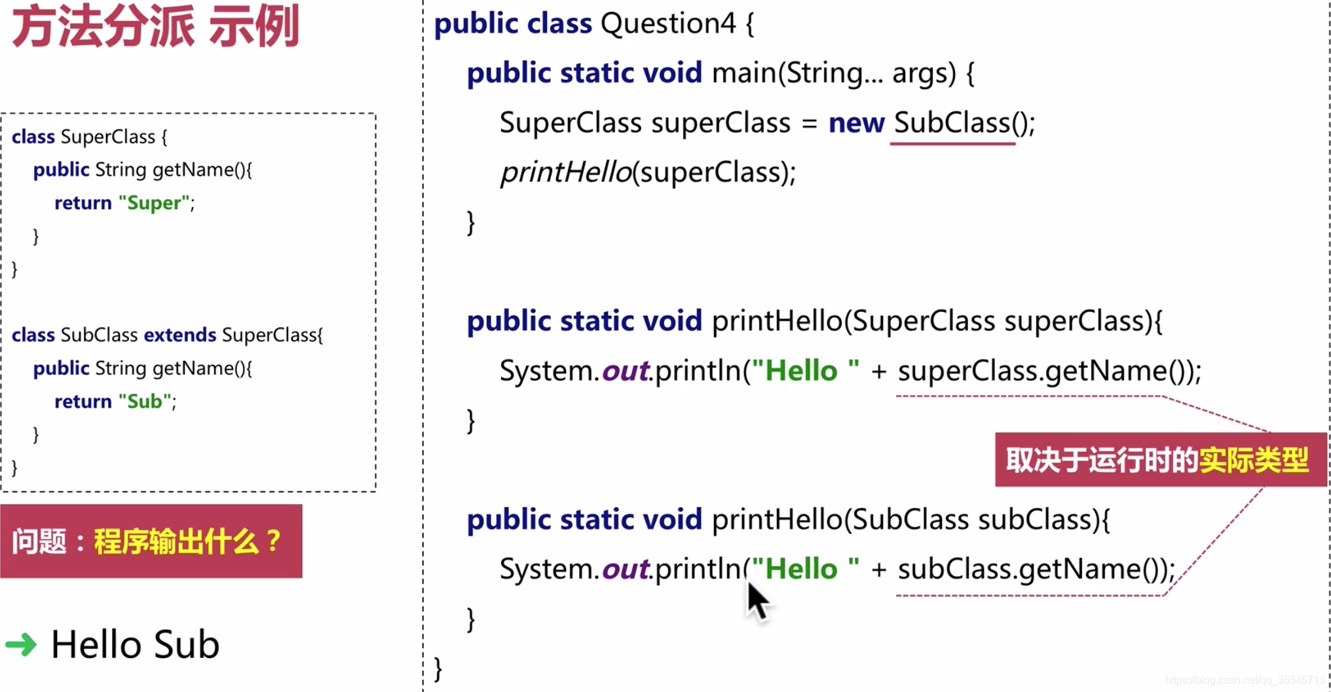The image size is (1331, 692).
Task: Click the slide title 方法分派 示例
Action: (156, 28)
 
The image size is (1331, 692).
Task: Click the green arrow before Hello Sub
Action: (21, 645)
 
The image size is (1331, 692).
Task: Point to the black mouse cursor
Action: (757, 599)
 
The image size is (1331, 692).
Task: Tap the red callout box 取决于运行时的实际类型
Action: (1159, 460)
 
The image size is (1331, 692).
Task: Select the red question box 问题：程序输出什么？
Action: (151, 541)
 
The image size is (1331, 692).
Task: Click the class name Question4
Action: (668, 24)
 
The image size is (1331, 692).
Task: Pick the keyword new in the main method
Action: (856, 123)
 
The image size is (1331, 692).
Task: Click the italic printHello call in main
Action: (565, 173)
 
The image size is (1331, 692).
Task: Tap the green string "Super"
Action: (155, 203)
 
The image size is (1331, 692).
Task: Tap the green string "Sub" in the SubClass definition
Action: (145, 402)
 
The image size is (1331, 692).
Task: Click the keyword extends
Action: (179, 336)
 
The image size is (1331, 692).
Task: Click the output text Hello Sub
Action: (135, 645)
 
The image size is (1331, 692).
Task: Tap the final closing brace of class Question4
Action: (438, 669)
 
